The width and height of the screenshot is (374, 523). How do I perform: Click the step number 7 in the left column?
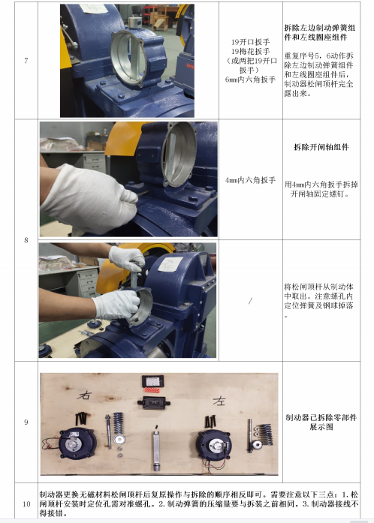pos(26,60)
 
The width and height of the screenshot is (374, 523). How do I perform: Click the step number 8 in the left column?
pos(26,240)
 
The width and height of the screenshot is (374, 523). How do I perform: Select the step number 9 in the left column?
pos(26,422)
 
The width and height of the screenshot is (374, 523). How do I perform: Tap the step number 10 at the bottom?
pos(26,504)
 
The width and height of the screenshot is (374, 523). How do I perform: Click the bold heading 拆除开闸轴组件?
pos(321,147)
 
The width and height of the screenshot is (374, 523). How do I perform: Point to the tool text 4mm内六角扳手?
pos(250,180)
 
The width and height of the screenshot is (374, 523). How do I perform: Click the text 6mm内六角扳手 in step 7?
pos(250,80)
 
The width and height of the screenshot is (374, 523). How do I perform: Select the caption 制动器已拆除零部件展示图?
pos(321,422)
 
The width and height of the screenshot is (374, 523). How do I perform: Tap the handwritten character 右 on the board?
pos(84,395)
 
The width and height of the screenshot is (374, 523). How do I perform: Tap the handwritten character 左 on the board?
pos(219,401)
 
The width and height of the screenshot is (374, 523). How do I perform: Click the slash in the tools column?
pos(250,301)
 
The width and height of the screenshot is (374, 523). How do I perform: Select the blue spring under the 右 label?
pos(118,423)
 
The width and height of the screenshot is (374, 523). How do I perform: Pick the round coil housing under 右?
pos(77,444)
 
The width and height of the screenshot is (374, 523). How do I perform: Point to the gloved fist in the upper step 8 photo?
pos(89,198)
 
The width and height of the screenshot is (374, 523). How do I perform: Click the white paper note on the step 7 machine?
pos(94,9)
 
